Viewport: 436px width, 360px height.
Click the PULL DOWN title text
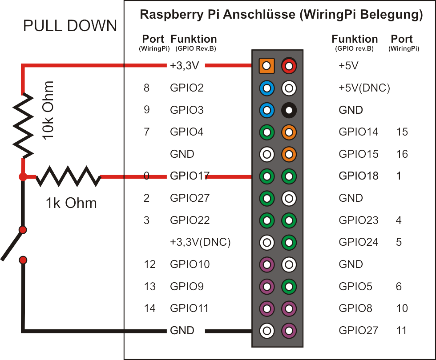tap(70, 26)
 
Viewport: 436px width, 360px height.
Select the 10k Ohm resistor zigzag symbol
tap(22, 125)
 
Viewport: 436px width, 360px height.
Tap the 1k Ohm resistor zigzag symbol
tap(68, 176)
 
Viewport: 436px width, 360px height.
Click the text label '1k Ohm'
tap(71, 203)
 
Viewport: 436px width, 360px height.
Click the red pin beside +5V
tap(289, 66)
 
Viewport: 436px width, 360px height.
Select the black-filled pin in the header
tap(289, 110)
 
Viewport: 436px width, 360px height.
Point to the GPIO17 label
tap(190, 176)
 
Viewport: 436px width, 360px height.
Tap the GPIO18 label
tap(358, 176)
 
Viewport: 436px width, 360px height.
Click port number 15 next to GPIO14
tap(402, 132)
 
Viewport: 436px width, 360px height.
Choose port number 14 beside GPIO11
tap(150, 308)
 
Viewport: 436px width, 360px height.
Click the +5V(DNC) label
tap(364, 88)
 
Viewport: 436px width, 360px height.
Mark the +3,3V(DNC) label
tap(200, 242)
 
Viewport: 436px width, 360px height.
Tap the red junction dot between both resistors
tap(22, 177)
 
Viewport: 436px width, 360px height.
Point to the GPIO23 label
tap(358, 220)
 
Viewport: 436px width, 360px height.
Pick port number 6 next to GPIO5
tap(399, 286)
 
